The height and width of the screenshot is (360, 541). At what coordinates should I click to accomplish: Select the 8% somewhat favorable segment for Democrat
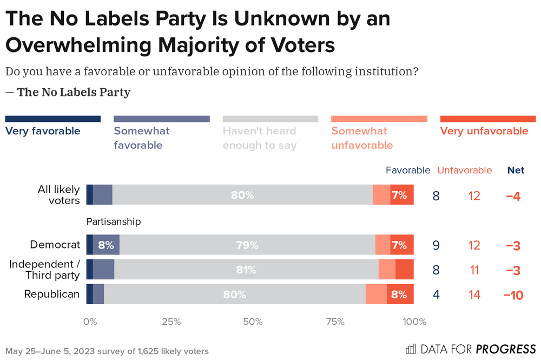coord(106,245)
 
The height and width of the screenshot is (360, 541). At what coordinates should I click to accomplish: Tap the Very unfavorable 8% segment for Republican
coord(399,295)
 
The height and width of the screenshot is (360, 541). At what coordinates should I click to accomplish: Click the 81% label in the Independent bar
coord(246,270)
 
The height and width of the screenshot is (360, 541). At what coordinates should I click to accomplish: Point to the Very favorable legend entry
coord(43,130)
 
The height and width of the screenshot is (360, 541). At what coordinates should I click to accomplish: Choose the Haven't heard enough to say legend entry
coord(260,138)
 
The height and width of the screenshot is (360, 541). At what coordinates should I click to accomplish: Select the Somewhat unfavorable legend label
coord(359,138)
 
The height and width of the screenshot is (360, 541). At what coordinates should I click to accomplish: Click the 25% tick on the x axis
coord(171,322)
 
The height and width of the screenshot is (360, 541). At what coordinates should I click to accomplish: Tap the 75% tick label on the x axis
coord(335,322)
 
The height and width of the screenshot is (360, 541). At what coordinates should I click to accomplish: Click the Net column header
coord(516,171)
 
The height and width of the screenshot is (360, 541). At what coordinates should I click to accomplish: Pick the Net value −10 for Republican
coord(513,296)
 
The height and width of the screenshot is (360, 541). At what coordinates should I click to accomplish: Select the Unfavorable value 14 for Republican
coord(474,296)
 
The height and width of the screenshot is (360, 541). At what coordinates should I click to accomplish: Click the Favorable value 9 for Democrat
coord(436,246)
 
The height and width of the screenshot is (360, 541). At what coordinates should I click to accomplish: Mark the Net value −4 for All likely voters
coord(513,196)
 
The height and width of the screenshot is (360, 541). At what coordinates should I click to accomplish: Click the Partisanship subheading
coord(114,221)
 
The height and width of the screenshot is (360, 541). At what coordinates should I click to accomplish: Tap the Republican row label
coord(52,294)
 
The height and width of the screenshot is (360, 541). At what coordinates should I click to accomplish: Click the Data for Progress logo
coord(470,349)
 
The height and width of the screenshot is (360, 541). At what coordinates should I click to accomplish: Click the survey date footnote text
coord(107,351)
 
